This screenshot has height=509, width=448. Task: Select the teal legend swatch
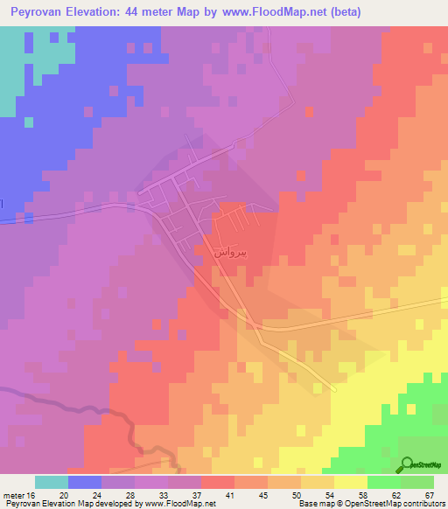coord(52,482)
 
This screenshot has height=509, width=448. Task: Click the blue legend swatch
coord(85,482)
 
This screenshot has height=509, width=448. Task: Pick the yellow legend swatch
coord(351,482)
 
